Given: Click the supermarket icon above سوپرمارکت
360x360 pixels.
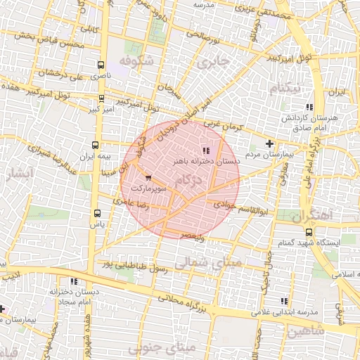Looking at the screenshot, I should (148, 177).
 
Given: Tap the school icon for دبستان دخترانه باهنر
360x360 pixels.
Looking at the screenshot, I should (206, 150).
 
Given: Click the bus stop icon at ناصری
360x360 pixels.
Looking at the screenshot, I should (103, 64).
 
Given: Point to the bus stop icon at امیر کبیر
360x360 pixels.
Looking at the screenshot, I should (102, 98).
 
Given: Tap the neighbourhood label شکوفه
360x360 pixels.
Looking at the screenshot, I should (136, 61).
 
